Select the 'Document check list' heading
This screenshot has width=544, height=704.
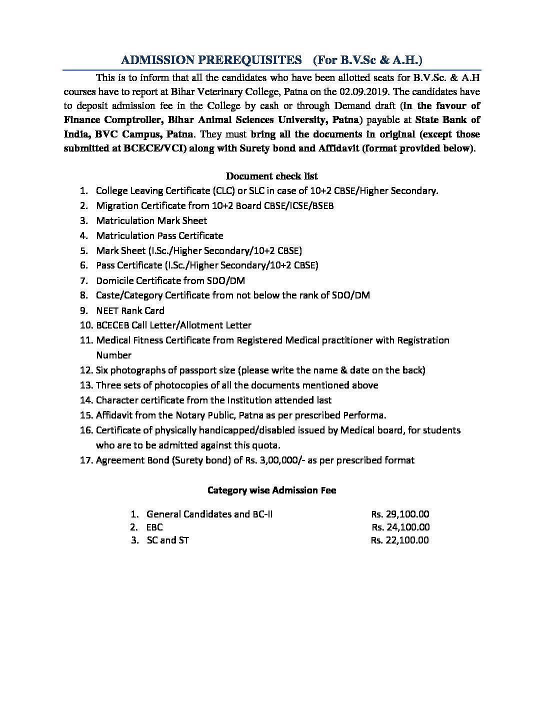coord(271,176)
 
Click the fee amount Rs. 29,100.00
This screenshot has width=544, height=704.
coord(400,514)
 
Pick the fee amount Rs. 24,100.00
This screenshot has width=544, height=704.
coord(400,527)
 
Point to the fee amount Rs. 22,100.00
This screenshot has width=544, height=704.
coord(399,540)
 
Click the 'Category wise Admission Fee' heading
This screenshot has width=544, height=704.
coord(271,490)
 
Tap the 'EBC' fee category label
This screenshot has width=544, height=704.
coord(154,527)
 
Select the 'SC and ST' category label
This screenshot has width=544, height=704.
coord(167,540)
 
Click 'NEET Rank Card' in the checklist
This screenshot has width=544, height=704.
coord(130,310)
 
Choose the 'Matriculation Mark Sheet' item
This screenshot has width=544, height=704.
coord(151,220)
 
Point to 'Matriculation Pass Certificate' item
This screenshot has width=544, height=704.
coord(159,235)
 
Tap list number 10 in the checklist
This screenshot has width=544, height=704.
coord(85,325)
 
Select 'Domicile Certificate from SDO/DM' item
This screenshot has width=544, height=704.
coord(170,280)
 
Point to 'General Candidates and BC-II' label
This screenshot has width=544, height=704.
coord(209,514)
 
